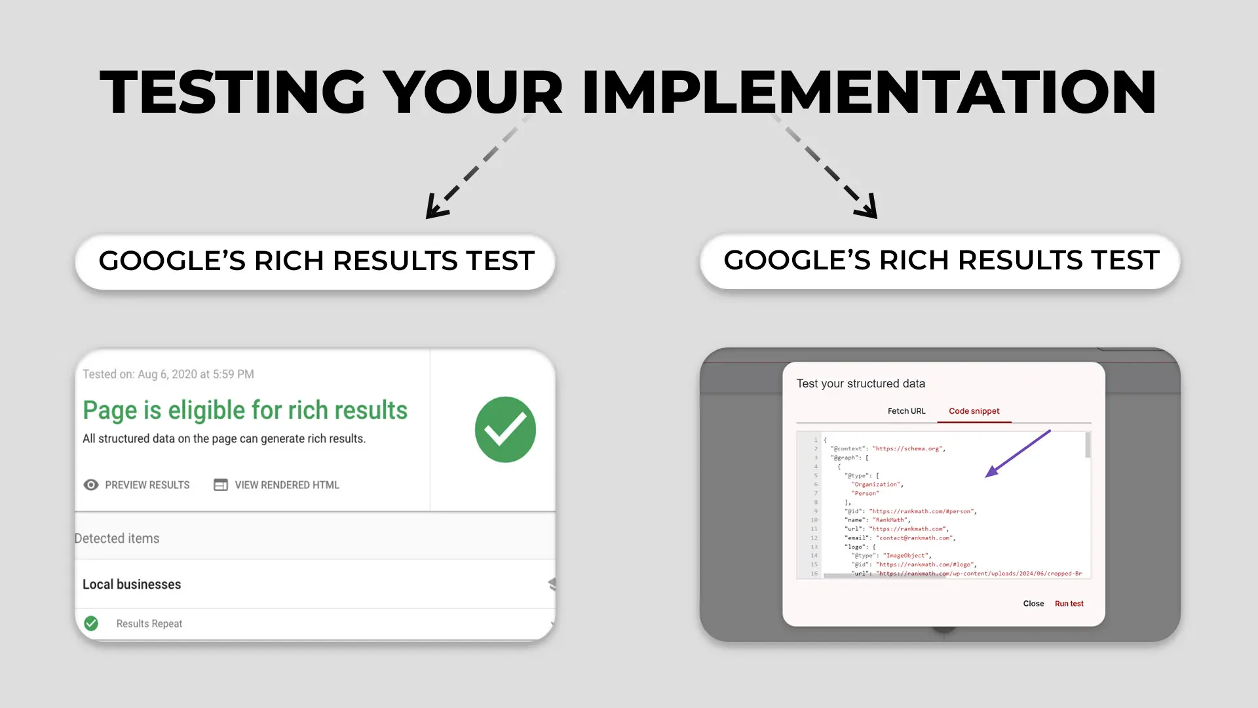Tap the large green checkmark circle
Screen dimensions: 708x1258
[505, 429]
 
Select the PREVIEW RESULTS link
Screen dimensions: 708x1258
[147, 485]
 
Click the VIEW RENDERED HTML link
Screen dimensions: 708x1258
[286, 485]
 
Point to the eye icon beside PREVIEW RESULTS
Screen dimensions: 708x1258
[91, 485]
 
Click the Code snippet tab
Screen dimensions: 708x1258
[974, 411]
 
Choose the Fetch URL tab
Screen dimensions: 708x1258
[906, 411]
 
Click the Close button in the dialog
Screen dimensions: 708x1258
[1033, 604]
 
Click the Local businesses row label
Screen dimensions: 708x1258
[132, 584]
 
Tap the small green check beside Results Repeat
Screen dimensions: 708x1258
[91, 623]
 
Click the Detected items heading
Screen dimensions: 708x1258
[117, 538]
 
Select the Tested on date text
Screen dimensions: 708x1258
[168, 374]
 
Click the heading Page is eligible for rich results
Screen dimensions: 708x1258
[245, 410]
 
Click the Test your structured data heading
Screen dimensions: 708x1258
[860, 383]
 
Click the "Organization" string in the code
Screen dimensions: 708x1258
[877, 484]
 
